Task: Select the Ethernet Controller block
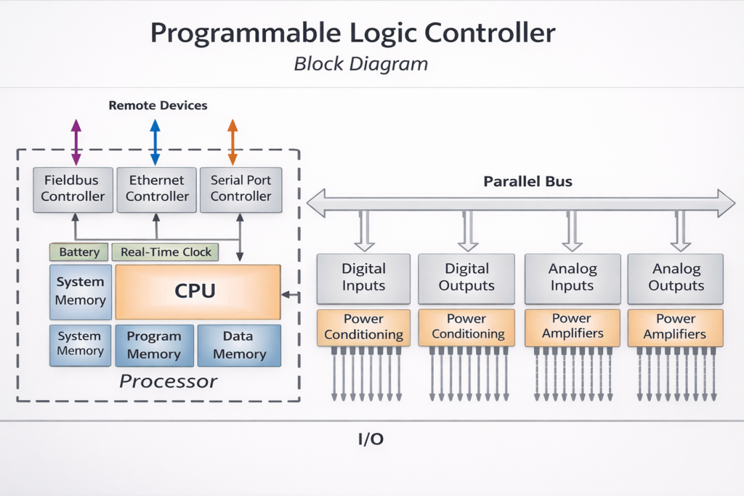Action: (157, 189)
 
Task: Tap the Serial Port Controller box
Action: (240, 189)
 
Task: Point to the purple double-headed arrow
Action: (76, 142)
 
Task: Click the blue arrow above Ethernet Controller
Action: (155, 142)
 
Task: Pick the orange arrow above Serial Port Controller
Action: (232, 142)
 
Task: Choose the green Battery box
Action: (79, 252)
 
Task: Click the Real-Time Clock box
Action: (166, 252)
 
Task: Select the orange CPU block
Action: (198, 292)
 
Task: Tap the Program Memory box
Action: (154, 345)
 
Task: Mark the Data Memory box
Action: (239, 345)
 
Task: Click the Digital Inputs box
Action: (363, 278)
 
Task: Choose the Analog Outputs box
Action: (675, 278)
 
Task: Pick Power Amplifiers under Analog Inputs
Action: (571, 327)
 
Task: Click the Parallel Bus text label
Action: (527, 182)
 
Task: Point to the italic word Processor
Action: (168, 381)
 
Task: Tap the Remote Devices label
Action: (158, 106)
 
